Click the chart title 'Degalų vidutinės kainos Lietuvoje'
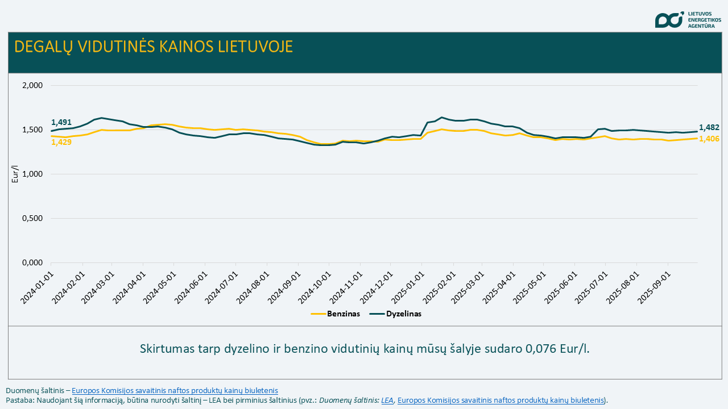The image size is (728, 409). [x=154, y=47]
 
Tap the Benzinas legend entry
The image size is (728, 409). [x=343, y=314]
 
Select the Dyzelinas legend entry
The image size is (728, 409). [x=403, y=314]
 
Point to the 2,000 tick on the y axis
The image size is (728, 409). [x=32, y=86]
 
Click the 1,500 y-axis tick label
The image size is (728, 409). [x=32, y=130]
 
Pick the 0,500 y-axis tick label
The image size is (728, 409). [x=32, y=219]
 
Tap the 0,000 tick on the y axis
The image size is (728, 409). [x=32, y=263]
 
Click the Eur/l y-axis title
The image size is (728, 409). [x=15, y=174]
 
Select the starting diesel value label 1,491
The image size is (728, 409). [x=61, y=122]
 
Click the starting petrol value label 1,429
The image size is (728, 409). [x=61, y=142]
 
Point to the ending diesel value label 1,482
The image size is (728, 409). [x=709, y=128]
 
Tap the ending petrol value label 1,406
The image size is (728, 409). [x=709, y=139]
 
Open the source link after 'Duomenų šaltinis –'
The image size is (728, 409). [x=175, y=390]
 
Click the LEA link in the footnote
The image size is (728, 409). [x=387, y=400]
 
